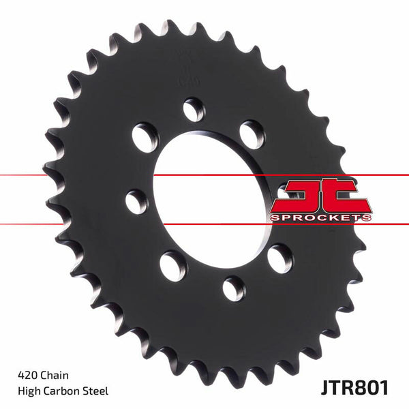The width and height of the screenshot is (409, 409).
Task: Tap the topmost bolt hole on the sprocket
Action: pyautogui.click(x=194, y=109)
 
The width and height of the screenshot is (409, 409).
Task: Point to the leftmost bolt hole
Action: pyautogui.click(x=136, y=200)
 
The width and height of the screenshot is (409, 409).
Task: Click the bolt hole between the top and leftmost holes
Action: pyautogui.click(x=145, y=136)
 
